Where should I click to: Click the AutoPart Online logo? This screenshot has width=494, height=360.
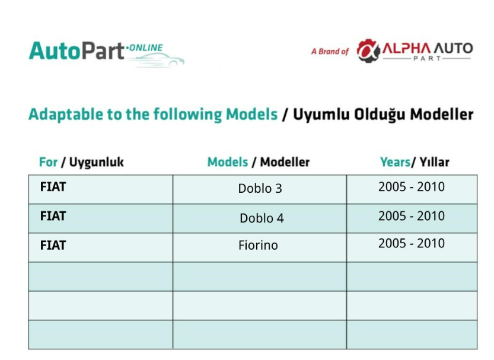(x=107, y=53)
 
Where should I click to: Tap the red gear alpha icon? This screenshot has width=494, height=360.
(x=368, y=50)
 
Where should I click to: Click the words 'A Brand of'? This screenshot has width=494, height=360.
(x=330, y=52)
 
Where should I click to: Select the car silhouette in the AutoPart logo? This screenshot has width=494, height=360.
(x=159, y=60)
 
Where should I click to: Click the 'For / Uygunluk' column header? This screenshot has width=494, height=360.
(x=81, y=162)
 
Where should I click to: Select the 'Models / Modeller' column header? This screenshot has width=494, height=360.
(x=259, y=162)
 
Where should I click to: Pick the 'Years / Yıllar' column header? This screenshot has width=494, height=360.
(x=415, y=162)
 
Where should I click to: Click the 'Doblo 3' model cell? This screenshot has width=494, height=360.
(x=260, y=189)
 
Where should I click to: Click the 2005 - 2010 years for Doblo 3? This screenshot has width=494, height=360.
(x=412, y=187)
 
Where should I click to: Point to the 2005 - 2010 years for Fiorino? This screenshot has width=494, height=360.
(x=412, y=244)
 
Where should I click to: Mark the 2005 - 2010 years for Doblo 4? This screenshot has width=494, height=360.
(x=412, y=216)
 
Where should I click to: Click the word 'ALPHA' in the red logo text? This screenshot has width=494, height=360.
(x=406, y=48)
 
